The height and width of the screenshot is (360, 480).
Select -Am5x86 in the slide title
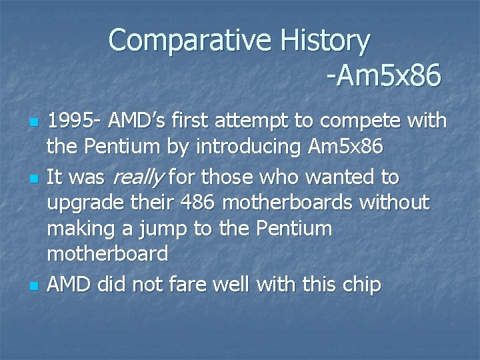384,76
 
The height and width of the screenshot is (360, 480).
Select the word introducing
254,145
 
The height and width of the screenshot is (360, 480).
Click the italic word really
139,178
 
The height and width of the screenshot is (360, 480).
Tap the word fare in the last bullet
183,285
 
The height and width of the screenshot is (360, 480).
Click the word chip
359,285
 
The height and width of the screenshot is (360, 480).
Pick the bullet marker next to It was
33,179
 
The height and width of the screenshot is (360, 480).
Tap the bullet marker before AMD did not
33,287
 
